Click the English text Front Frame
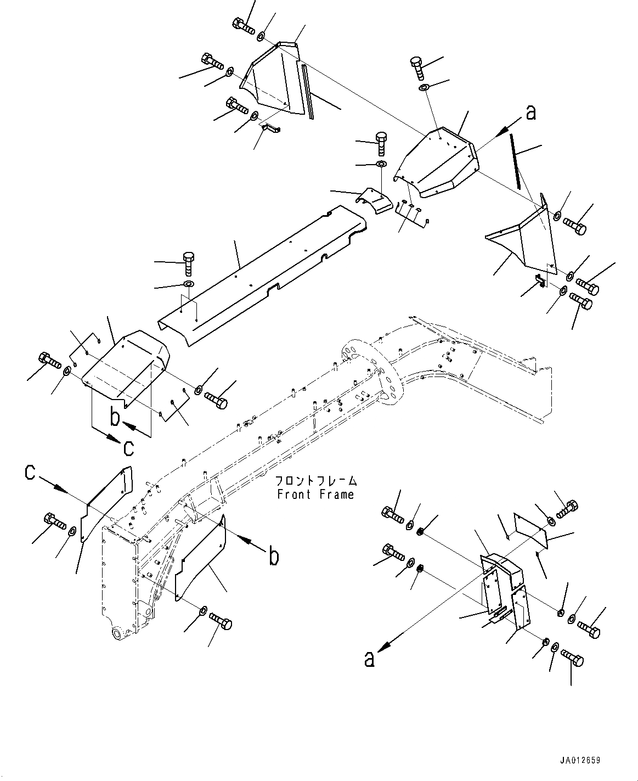coord(315,495)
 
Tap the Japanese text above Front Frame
coord(316,481)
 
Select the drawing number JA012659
coord(580,761)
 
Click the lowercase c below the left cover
coord(128,447)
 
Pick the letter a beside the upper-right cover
coord(530,113)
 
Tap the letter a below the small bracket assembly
coord(370,658)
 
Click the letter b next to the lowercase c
coord(115,417)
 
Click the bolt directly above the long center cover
coord(188,262)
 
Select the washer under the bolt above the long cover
coord(188,284)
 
